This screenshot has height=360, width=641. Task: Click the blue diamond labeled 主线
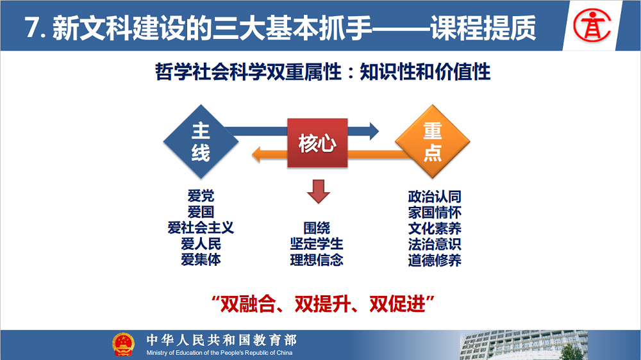click(201, 142)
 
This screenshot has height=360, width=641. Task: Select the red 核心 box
click(317, 143)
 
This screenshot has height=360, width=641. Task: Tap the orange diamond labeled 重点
click(433, 142)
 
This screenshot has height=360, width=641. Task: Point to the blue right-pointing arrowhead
click(374, 131)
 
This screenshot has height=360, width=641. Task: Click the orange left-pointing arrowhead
click(256, 154)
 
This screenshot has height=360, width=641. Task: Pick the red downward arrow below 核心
click(319, 192)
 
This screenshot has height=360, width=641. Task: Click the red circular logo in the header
click(592, 26)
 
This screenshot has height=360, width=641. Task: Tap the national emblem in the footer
click(123, 345)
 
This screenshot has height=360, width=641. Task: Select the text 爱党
click(201, 196)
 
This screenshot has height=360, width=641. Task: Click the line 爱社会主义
click(201, 227)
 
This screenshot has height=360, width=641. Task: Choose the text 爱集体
click(201, 259)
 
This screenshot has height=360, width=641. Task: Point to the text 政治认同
click(435, 197)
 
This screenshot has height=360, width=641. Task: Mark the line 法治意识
click(435, 244)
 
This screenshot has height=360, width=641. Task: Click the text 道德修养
click(435, 260)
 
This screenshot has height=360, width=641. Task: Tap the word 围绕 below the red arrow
click(317, 228)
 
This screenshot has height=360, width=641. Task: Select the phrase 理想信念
click(317, 260)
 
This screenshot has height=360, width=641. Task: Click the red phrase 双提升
click(322, 304)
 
